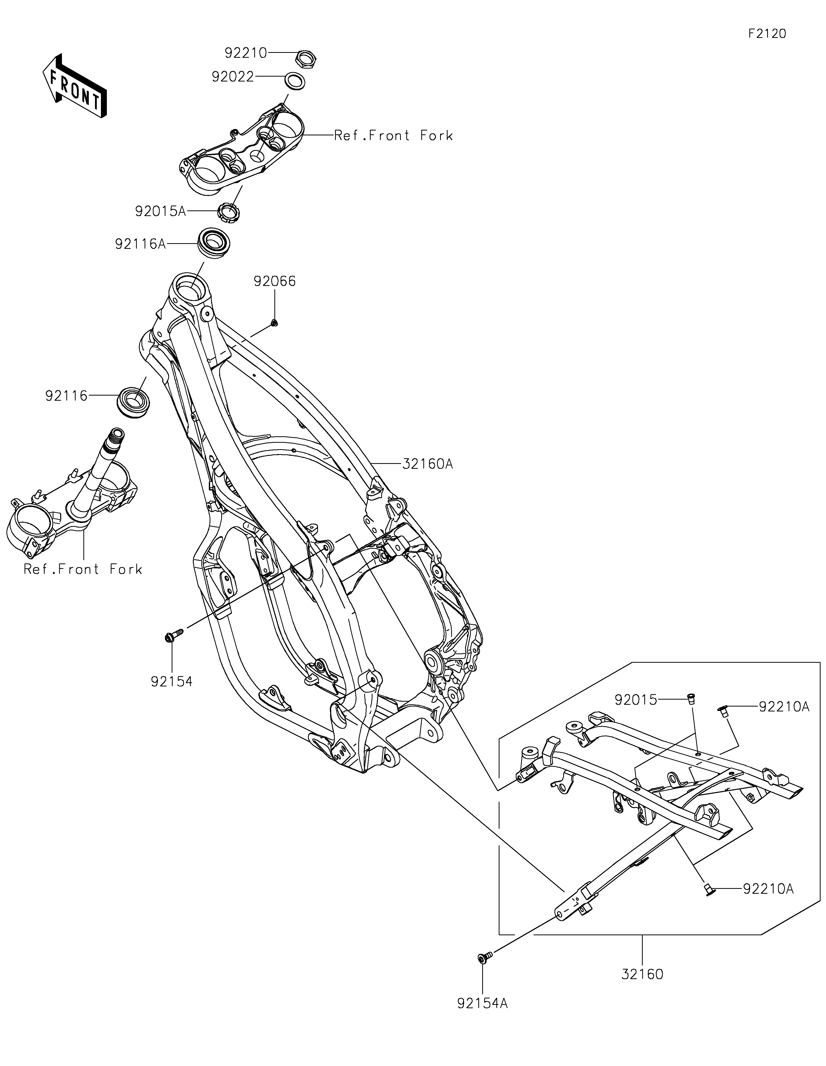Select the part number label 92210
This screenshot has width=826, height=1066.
coord(246,53)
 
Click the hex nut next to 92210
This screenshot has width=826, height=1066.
coord(307,59)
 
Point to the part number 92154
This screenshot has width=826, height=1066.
coord(171,681)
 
